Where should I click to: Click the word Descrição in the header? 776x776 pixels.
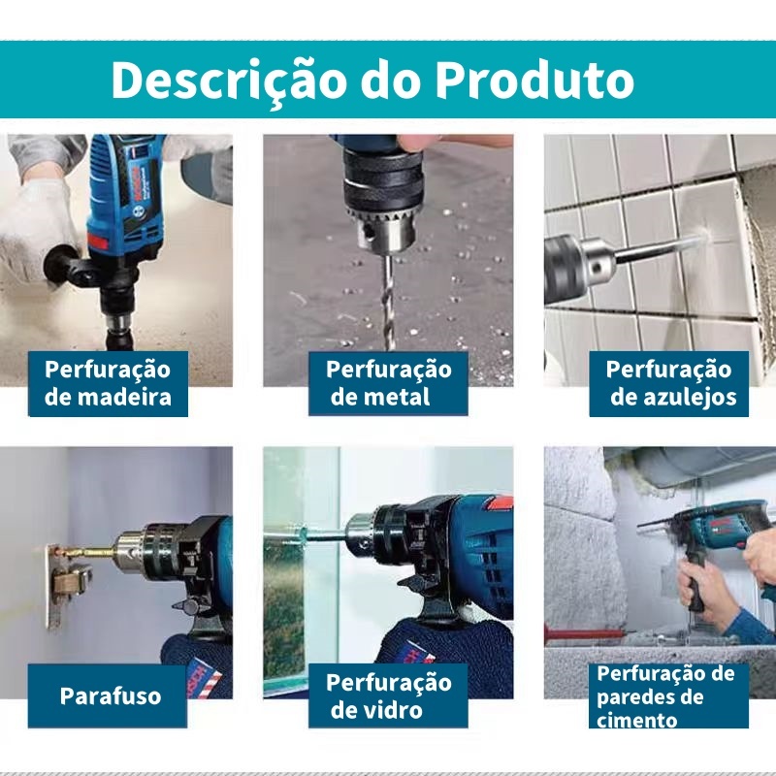[228, 81]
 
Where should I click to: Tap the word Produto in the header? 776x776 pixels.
[535, 80]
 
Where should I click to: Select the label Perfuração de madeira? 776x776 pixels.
[108, 383]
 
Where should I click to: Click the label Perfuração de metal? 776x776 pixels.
[388, 383]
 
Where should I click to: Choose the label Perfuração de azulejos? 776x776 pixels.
[668, 383]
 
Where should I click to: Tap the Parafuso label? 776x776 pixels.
[111, 695]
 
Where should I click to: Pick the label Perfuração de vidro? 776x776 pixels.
[388, 695]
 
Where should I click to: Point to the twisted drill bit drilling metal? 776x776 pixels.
[387, 302]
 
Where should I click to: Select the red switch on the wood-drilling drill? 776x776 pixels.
[98, 242]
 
